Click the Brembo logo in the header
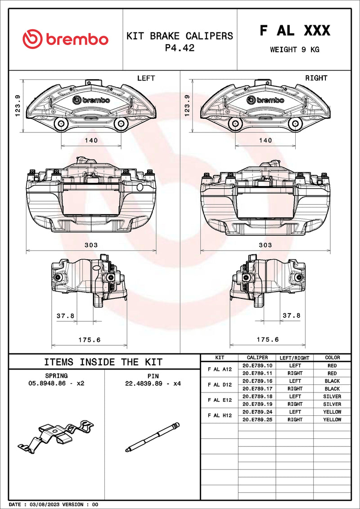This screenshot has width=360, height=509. [x=65, y=40]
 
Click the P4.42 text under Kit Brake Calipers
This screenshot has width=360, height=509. [x=180, y=48]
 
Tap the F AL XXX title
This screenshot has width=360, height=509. [x=295, y=31]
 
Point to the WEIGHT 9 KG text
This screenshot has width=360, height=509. [x=294, y=50]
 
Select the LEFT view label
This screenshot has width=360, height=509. [x=146, y=78]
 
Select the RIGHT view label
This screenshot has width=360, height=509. [x=316, y=78]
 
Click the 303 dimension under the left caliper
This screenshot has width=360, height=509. [x=91, y=245]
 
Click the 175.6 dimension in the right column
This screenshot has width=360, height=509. [x=268, y=339]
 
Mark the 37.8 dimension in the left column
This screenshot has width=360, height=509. [x=65, y=316]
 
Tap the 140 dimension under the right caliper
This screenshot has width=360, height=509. [x=265, y=140]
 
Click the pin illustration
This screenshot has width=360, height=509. [x=152, y=437]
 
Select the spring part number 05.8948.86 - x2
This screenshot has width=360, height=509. [x=56, y=383]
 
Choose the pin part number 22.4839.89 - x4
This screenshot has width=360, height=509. [x=153, y=383]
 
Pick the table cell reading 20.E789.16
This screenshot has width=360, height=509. [x=257, y=381]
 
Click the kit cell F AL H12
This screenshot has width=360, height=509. [x=220, y=415]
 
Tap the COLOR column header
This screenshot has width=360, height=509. [x=332, y=358]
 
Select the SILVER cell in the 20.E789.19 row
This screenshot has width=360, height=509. [x=332, y=404]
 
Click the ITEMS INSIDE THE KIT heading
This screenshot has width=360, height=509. [x=103, y=362]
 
